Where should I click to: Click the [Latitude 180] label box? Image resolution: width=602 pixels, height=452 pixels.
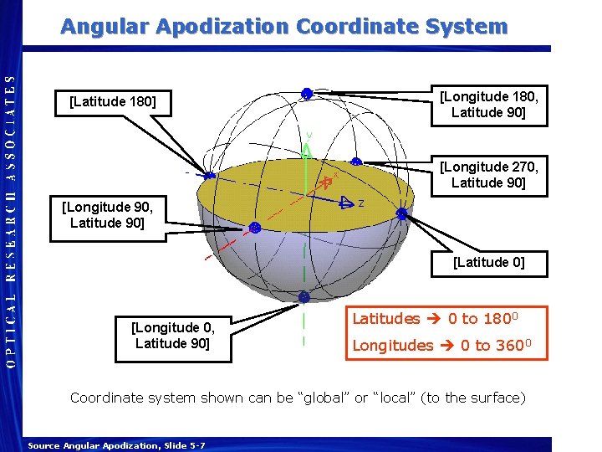[x=113, y=102]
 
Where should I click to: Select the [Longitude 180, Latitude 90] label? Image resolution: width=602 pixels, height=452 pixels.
[x=489, y=104]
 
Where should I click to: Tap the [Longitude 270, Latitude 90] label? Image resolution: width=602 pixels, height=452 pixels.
[x=489, y=174]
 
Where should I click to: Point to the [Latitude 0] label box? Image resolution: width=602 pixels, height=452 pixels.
[x=489, y=262]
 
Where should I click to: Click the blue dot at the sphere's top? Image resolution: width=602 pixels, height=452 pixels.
[x=307, y=94]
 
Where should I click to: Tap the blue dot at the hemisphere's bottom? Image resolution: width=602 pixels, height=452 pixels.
[x=304, y=297]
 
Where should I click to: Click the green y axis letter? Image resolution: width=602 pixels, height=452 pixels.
[x=309, y=135]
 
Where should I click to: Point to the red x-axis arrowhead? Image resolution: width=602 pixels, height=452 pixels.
[x=329, y=182]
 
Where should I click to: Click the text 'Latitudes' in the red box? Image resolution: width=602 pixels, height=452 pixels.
[x=385, y=319]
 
